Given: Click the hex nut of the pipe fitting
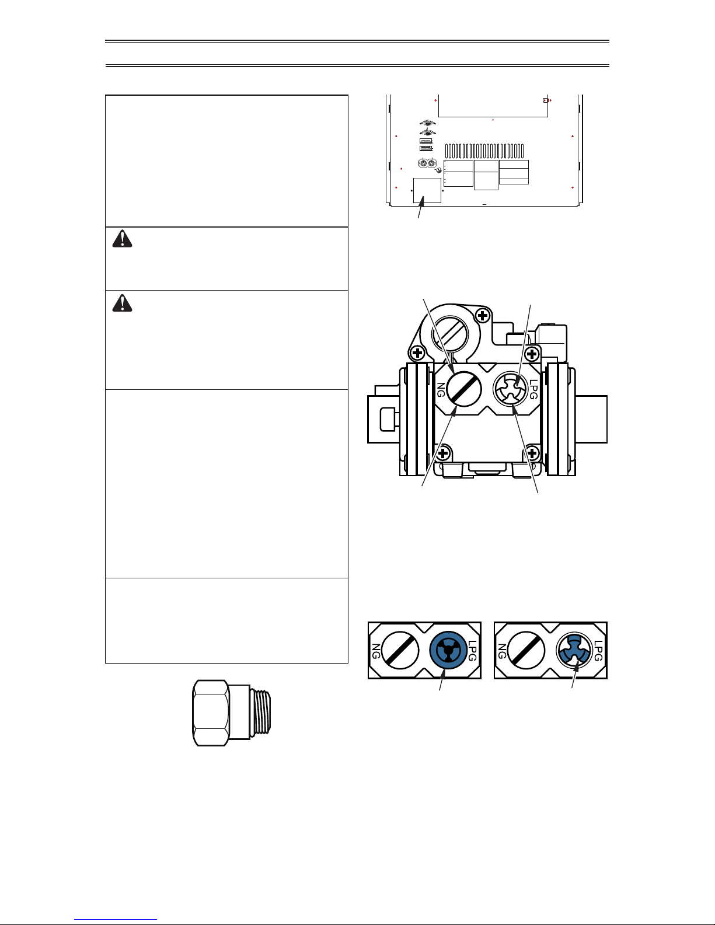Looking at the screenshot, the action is pyautogui.click(x=211, y=713).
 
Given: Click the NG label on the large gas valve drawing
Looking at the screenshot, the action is pyautogui.click(x=441, y=389).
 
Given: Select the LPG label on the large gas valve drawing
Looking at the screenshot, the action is pyautogui.click(x=533, y=389).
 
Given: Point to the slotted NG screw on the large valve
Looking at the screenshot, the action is pyautogui.click(x=464, y=389).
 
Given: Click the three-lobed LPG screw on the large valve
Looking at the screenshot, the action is pyautogui.click(x=510, y=389).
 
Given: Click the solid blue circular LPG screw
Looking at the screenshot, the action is pyautogui.click(x=449, y=651).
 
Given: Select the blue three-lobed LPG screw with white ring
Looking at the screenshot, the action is pyautogui.click(x=574, y=651).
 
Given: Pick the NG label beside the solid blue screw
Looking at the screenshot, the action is pyautogui.click(x=376, y=651).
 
